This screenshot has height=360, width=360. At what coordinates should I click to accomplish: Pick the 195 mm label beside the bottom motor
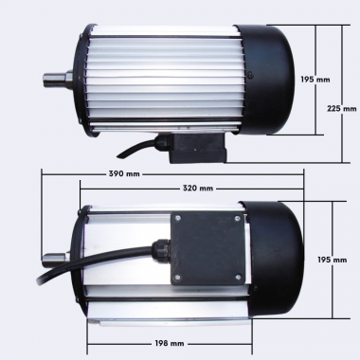(329, 259)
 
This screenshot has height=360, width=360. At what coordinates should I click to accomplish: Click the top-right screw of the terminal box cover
(233, 219)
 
